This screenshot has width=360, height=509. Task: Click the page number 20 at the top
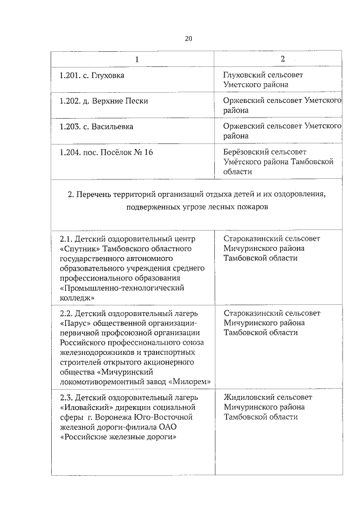coord(188,38)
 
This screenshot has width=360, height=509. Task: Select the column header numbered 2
coord(283,59)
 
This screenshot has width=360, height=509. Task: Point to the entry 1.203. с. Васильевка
coord(96,127)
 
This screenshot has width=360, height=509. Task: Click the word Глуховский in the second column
coord(243,75)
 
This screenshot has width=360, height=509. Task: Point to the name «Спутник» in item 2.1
coord(79,248)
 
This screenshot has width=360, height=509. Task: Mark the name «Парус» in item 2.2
coord(74,323)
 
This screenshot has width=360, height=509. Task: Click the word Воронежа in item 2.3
coord(127,417)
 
